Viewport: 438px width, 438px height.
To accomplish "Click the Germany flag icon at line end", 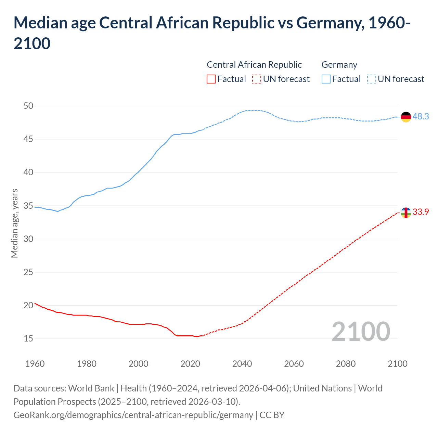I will (405, 117).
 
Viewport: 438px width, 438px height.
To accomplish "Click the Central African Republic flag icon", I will (405, 212).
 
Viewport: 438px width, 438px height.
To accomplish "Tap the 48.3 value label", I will (421, 117).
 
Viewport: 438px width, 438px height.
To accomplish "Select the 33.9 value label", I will (421, 212).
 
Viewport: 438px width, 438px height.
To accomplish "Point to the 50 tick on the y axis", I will (28, 106).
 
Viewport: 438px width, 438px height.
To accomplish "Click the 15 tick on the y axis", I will (28, 339).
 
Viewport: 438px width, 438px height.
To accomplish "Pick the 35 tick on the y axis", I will (28, 206).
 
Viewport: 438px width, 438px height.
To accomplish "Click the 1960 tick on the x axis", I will (35, 364).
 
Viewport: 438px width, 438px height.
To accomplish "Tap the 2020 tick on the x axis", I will (190, 364).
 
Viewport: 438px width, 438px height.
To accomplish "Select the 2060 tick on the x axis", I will (294, 364).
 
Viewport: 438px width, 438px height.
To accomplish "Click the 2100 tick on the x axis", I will (397, 364).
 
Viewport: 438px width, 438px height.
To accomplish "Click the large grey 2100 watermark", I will (361, 332).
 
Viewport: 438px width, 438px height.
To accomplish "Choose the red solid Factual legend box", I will (211, 79).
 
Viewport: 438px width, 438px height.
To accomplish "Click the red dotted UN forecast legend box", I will (257, 79).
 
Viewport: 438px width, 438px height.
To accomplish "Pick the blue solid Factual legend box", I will (326, 79).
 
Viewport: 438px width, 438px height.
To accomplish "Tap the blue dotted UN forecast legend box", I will (371, 79).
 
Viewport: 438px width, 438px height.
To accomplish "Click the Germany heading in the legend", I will (339, 65).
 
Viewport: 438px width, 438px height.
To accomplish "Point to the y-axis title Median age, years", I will (14, 223).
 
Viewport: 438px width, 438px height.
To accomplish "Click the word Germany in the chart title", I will (328, 23).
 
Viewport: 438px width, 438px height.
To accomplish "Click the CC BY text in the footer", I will (272, 415).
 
